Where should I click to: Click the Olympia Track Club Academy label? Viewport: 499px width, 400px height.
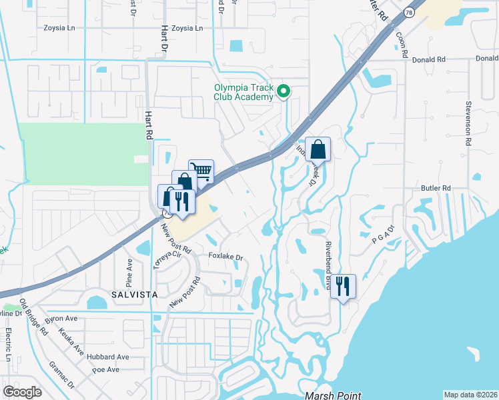243,92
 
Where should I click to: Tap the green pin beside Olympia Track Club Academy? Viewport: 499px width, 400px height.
284,92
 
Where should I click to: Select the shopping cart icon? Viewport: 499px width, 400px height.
201,171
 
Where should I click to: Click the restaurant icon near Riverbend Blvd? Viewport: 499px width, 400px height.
343,287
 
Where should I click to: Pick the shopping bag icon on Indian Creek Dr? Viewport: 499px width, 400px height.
318,149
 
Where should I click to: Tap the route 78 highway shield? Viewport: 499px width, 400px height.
408,11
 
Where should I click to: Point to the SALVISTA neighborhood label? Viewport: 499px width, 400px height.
132,294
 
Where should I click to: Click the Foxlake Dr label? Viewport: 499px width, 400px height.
225,257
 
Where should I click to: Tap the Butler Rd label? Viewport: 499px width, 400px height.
436,189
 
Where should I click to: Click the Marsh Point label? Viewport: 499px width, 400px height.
333,395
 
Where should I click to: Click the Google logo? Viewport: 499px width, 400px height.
23,392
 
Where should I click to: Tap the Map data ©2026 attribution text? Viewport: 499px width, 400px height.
470,395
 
